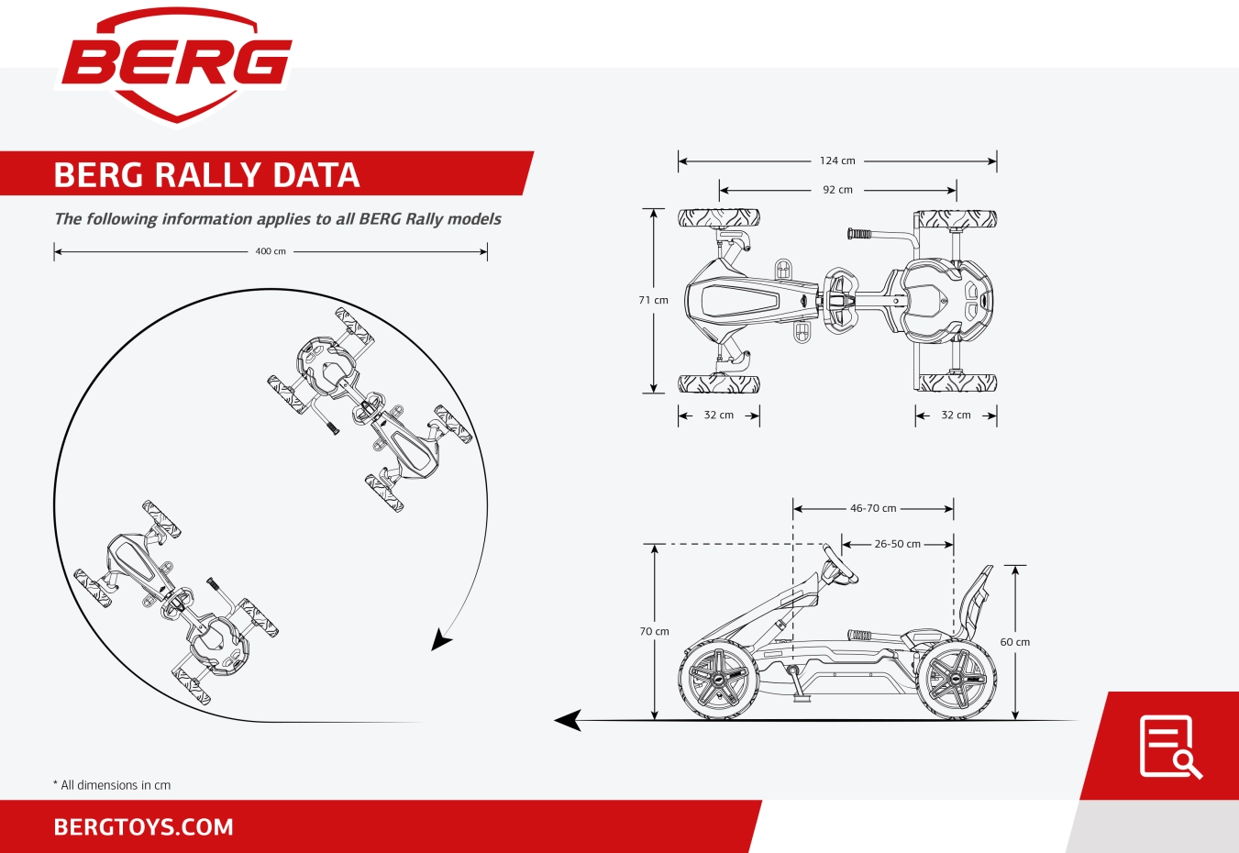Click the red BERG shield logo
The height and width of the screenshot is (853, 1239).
176,65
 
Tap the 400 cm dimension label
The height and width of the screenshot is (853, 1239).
271,251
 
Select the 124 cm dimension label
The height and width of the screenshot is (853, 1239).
837,161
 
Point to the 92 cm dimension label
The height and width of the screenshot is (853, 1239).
837,190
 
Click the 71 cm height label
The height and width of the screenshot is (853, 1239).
653,300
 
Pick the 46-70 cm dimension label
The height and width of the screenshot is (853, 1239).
873,508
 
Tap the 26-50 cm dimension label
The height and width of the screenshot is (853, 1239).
897,544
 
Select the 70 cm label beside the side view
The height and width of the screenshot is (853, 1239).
654,631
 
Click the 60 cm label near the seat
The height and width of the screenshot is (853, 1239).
1015,642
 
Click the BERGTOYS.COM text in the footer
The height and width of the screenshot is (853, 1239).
144,827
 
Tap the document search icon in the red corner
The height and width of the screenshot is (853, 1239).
1170,747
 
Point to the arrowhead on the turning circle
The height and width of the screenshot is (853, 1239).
440,640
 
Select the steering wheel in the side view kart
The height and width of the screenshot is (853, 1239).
839,564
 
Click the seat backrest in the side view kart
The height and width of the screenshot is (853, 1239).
975,602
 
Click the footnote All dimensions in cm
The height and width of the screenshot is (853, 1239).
112,785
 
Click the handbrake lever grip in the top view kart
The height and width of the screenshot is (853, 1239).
859,234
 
